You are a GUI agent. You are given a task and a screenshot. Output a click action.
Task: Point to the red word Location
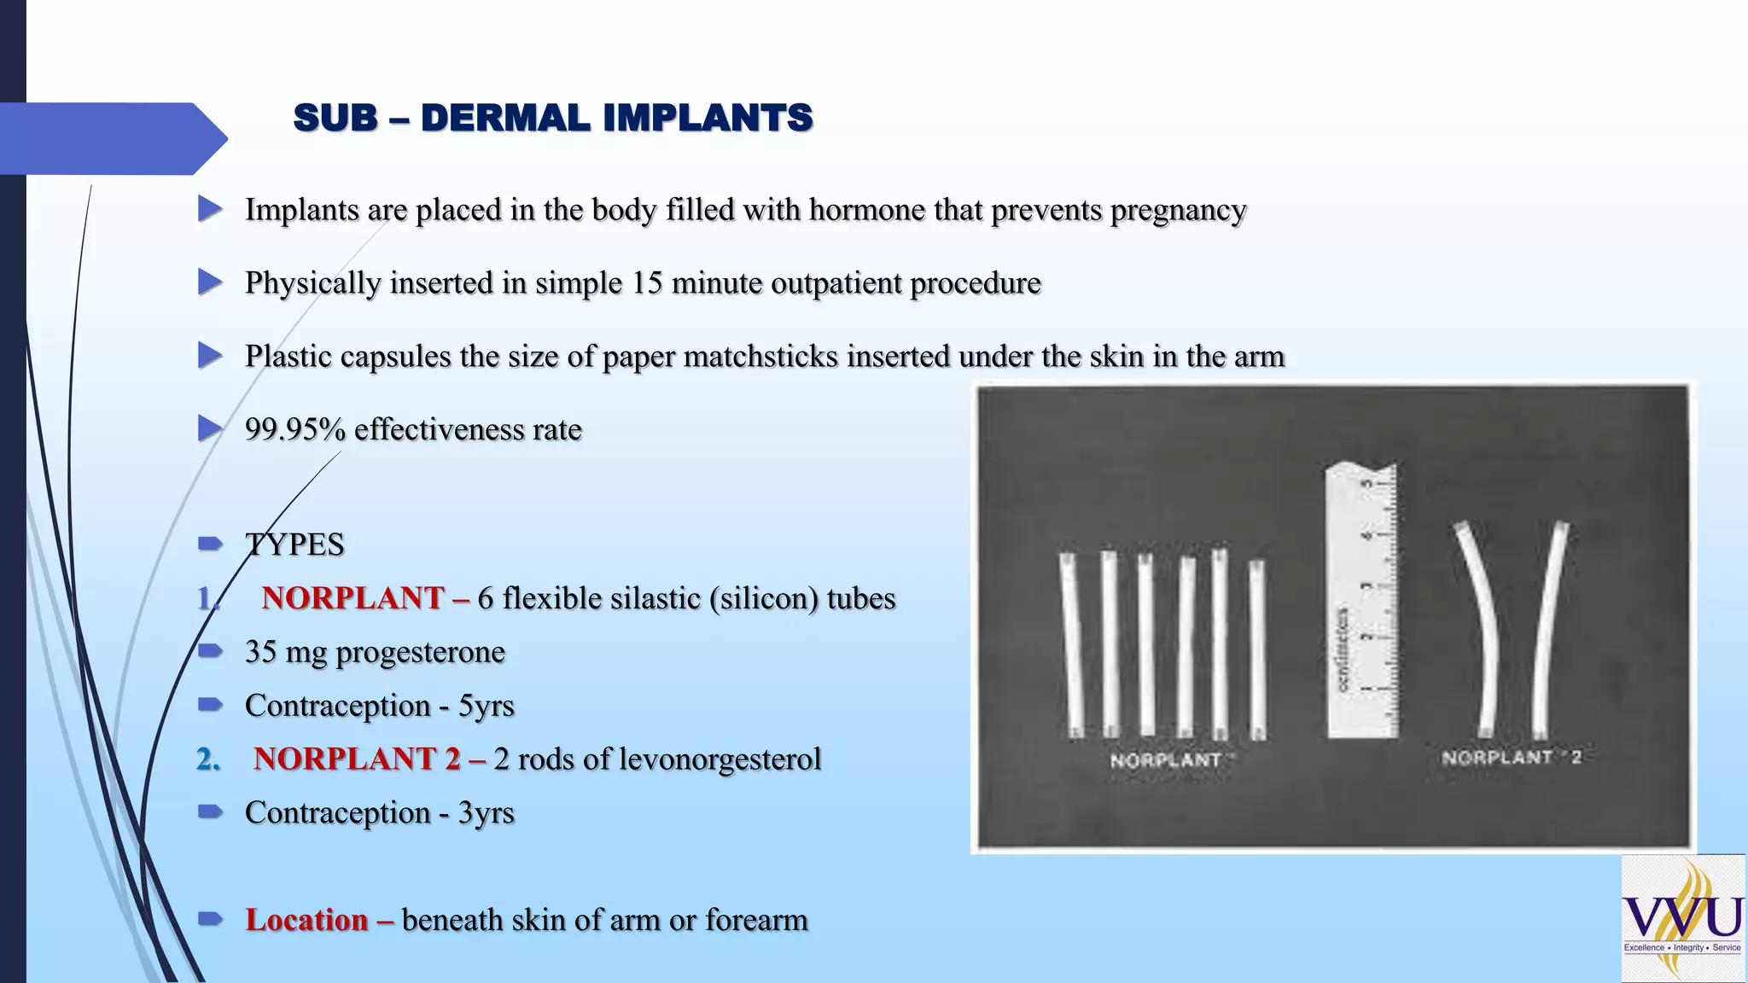coord(306,920)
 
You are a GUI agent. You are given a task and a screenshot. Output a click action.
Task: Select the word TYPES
coord(294,544)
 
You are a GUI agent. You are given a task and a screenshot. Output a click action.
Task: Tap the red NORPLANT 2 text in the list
coord(357,759)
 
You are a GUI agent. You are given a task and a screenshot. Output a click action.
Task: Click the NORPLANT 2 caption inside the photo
coord(1511,757)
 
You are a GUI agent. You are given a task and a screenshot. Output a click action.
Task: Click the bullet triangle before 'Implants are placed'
coord(210,209)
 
